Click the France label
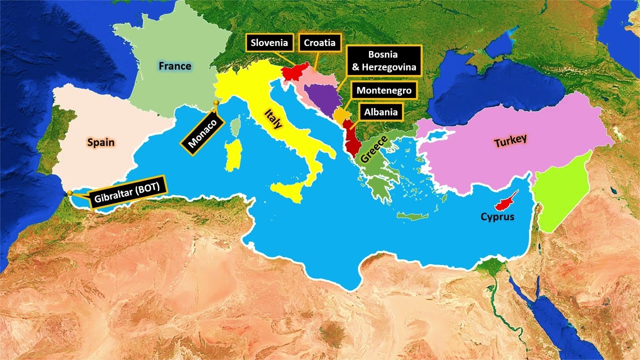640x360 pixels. (x=175, y=66)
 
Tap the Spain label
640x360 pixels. (x=100, y=142)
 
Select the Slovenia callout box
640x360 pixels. (x=269, y=43)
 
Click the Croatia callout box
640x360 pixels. (x=320, y=43)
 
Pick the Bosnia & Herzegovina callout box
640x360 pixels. (x=383, y=60)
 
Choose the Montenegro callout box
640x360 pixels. (x=384, y=90)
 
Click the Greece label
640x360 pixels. (x=374, y=149)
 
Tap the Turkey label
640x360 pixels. (x=510, y=141)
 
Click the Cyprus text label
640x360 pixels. (x=497, y=217)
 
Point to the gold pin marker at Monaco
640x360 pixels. (x=216, y=103)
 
